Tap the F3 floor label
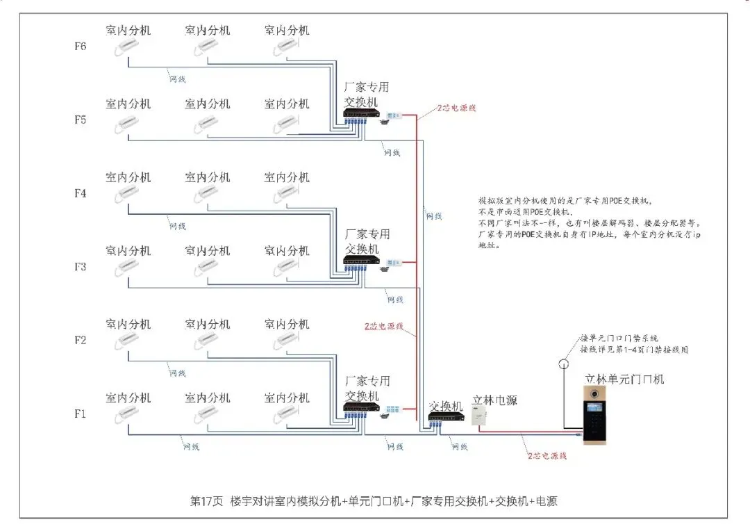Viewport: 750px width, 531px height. (x=81, y=266)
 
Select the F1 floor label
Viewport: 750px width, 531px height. (x=81, y=414)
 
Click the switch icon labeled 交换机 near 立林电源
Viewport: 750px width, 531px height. (x=442, y=417)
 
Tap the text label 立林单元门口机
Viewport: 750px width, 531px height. (x=624, y=379)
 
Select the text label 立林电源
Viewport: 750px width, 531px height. (x=494, y=401)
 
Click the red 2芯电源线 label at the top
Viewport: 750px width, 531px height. (x=456, y=108)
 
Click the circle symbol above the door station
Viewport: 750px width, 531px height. (x=564, y=363)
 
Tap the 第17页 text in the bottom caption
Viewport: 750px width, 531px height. (x=206, y=501)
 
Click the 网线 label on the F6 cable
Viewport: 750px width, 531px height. (x=178, y=79)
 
